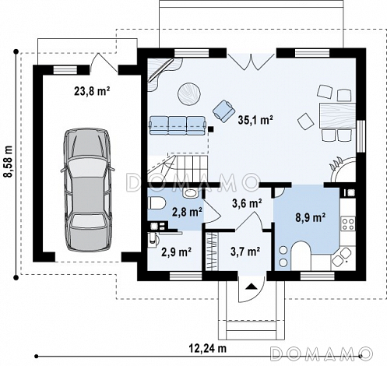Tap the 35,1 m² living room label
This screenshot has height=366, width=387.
tap(255, 120)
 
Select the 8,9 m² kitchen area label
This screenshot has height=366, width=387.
tap(311, 217)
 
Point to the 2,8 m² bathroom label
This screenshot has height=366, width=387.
tap(188, 213)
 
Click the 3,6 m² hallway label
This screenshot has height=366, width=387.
tap(247, 203)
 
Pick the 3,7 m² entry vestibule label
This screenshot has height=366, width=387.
tap(245, 252)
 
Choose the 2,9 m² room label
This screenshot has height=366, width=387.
tap(177, 252)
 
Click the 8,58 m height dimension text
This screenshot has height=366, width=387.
tap(9, 161)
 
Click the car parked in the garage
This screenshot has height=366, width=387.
tap(87, 190)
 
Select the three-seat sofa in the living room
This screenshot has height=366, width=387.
tap(178, 125)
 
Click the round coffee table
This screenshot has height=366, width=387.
tap(189, 93)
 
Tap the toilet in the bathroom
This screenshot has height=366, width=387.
tap(157, 203)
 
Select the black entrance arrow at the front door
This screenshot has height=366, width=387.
tap(251, 286)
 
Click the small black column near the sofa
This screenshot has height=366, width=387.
tap(211, 128)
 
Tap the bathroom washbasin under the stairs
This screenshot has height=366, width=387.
tap(190, 193)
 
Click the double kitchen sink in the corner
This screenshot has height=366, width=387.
tap(342, 255)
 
